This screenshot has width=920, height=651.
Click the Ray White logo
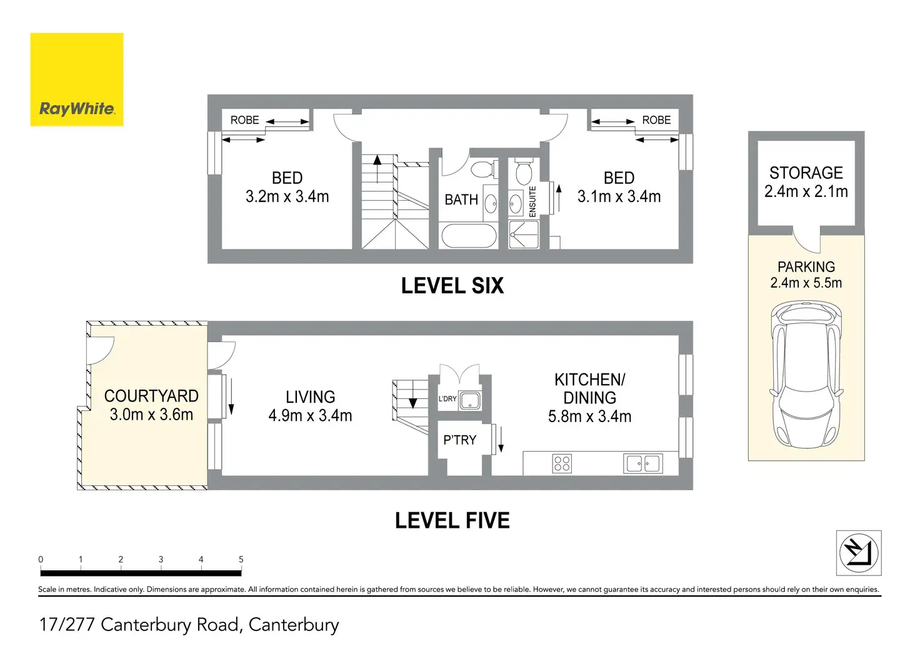click(x=77, y=79)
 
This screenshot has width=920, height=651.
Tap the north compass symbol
click(x=859, y=553)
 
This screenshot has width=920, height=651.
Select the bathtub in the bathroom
click(x=469, y=236)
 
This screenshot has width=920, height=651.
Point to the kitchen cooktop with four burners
click(x=562, y=463)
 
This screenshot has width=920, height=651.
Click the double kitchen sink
click(x=643, y=463)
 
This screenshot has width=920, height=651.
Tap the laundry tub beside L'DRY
click(x=470, y=400)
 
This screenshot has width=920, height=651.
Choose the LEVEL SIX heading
click(x=452, y=286)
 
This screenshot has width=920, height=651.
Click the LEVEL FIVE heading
click(x=452, y=520)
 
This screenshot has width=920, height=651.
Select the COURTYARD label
click(x=151, y=396)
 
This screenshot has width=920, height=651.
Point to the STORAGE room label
click(x=806, y=173)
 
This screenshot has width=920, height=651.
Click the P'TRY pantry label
click(x=459, y=440)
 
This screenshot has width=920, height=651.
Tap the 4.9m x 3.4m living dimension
click(x=310, y=416)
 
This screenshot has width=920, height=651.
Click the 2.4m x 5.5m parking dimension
click(x=806, y=283)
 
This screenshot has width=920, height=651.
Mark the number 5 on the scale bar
click(x=241, y=560)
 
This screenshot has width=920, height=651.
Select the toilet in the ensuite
click(x=524, y=169)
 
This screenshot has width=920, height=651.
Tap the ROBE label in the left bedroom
click(x=244, y=120)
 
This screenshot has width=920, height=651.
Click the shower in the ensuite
click(x=523, y=235)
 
